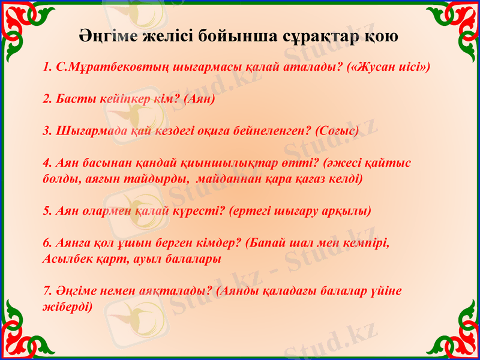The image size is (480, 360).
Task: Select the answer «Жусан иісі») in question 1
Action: [389, 66]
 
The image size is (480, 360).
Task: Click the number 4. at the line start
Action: [49, 163]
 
